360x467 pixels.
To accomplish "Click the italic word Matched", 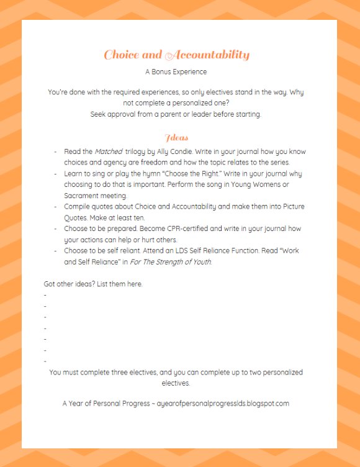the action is tap(108, 152).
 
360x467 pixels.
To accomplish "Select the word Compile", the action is tap(79, 207).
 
